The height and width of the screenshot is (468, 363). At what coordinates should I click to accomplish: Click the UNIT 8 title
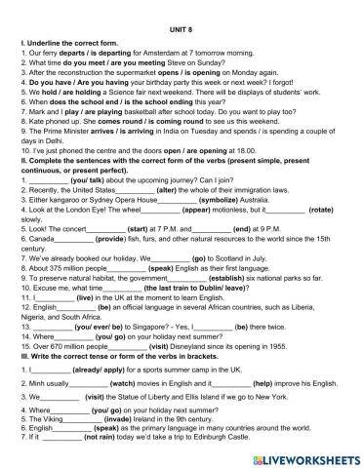coord(181,18)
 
